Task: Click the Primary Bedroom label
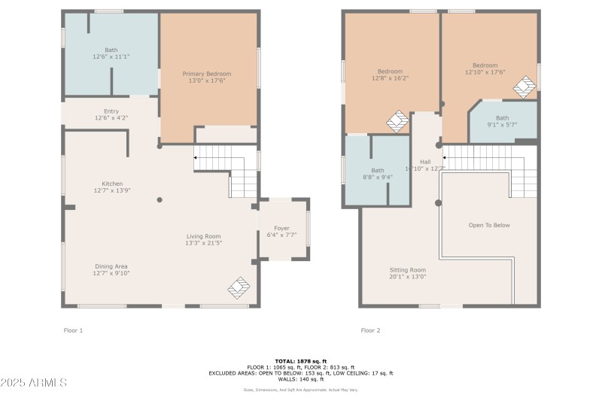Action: click(207, 74)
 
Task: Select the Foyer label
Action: click(281, 228)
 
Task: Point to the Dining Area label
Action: click(111, 266)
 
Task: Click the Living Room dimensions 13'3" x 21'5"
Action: click(203, 243)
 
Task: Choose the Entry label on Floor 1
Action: click(111, 111)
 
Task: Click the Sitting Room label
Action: click(407, 270)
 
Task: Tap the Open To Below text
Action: click(488, 225)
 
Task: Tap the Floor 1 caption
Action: click(72, 330)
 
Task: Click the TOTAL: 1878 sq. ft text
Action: click(300, 360)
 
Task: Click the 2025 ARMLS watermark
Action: click(34, 383)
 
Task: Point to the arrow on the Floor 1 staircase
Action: click(198, 158)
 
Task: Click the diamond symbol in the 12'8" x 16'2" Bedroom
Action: click(397, 121)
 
